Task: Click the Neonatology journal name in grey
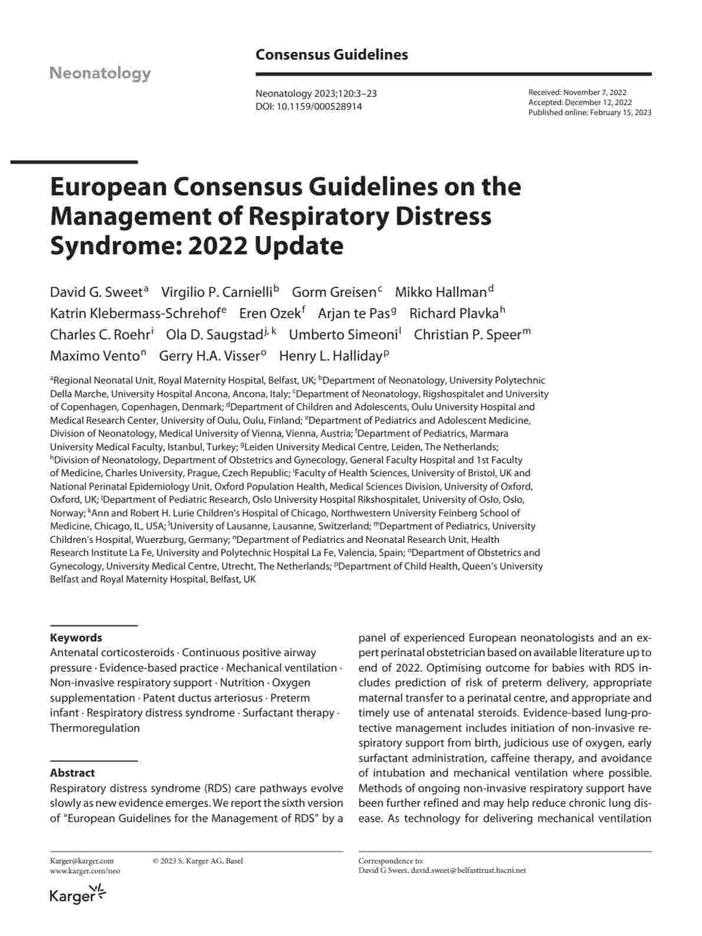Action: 100,73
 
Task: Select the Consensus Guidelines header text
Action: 332,55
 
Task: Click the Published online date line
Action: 589,112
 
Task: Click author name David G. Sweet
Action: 96,292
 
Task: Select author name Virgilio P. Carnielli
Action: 216,292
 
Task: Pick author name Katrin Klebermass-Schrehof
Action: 135,313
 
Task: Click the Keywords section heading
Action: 76,637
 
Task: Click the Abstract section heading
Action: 72,773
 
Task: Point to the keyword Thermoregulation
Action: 95,728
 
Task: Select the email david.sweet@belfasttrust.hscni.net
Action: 468,870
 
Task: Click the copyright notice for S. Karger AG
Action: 198,861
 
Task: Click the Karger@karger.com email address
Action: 82,861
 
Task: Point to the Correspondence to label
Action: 391,861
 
